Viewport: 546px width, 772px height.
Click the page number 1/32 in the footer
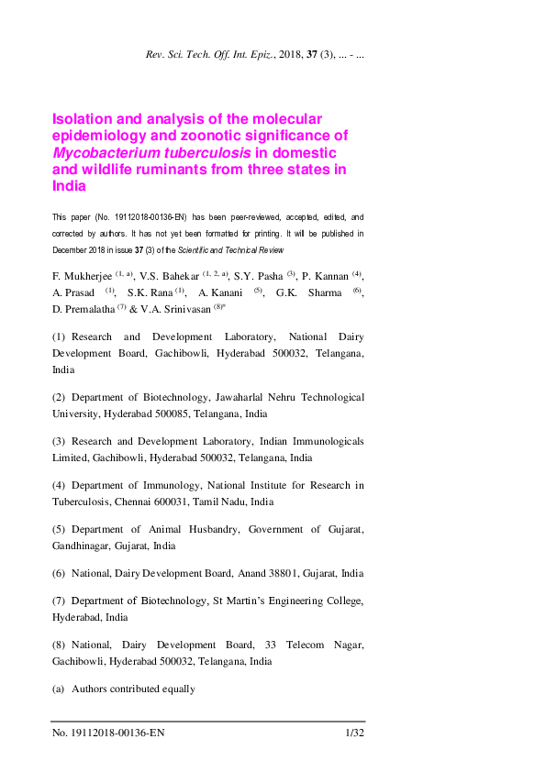coord(355,733)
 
